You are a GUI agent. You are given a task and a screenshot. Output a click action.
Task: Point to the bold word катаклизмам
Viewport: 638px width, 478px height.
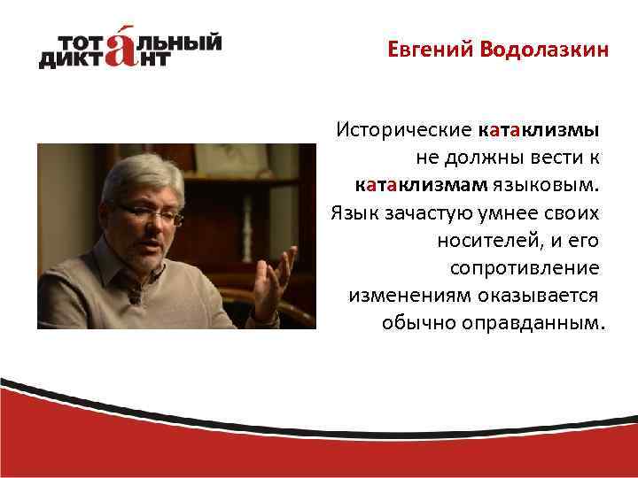coord(420,185)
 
